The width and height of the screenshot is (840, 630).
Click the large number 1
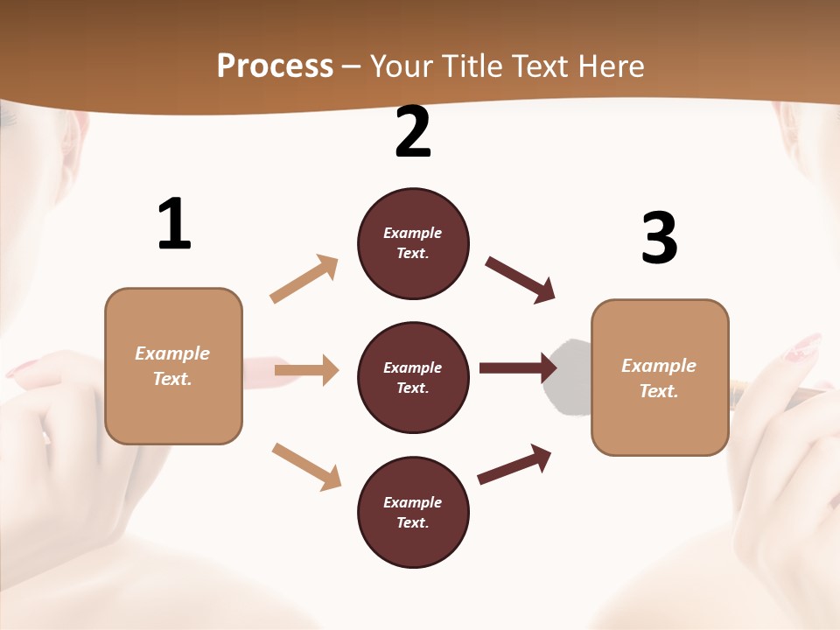pyautogui.click(x=174, y=225)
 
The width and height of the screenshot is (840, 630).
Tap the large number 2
pyautogui.click(x=413, y=133)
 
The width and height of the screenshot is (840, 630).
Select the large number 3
pyautogui.click(x=659, y=239)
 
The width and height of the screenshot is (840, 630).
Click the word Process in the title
pyautogui.click(x=275, y=66)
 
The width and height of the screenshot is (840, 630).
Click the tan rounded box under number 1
pyautogui.click(x=173, y=366)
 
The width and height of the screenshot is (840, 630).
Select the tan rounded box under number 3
pyautogui.click(x=660, y=377)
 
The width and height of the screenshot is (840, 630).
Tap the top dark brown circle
pyautogui.click(x=413, y=243)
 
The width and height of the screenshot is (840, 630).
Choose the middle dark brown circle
pyautogui.click(x=413, y=377)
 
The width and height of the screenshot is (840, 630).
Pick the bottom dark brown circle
pyautogui.click(x=413, y=512)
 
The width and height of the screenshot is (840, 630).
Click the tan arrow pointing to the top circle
pyautogui.click(x=304, y=279)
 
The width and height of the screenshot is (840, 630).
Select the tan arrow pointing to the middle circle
pyautogui.click(x=306, y=370)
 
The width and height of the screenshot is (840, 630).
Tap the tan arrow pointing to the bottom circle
pyautogui.click(x=306, y=466)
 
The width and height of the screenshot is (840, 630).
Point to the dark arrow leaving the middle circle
pyautogui.click(x=518, y=367)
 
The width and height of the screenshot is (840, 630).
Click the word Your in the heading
pyautogui.click(x=399, y=66)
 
